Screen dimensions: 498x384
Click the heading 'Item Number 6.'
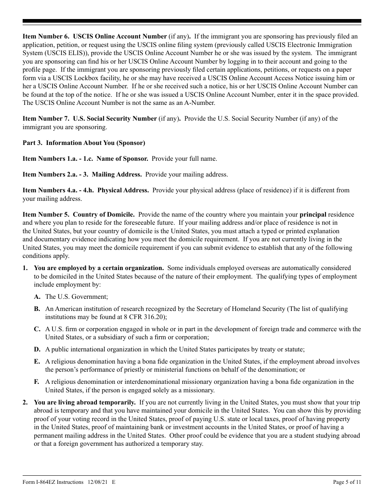[x=46, y=36]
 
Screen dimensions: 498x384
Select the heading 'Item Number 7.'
[x=46, y=119]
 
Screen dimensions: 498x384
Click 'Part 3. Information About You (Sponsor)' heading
[x=84, y=143]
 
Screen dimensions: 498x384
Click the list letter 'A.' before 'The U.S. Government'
[x=37, y=297]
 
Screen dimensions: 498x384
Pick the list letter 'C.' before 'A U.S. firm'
[x=37, y=329]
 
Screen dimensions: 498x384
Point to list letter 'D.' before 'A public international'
[x=37, y=349]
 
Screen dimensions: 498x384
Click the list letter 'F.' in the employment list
[x=37, y=382]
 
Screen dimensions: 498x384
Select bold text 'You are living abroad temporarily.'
[x=85, y=402]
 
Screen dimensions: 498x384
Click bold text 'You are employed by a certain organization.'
[x=99, y=268]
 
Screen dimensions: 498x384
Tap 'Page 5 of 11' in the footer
[x=347, y=482]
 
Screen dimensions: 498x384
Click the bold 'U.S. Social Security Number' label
[x=115, y=119]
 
